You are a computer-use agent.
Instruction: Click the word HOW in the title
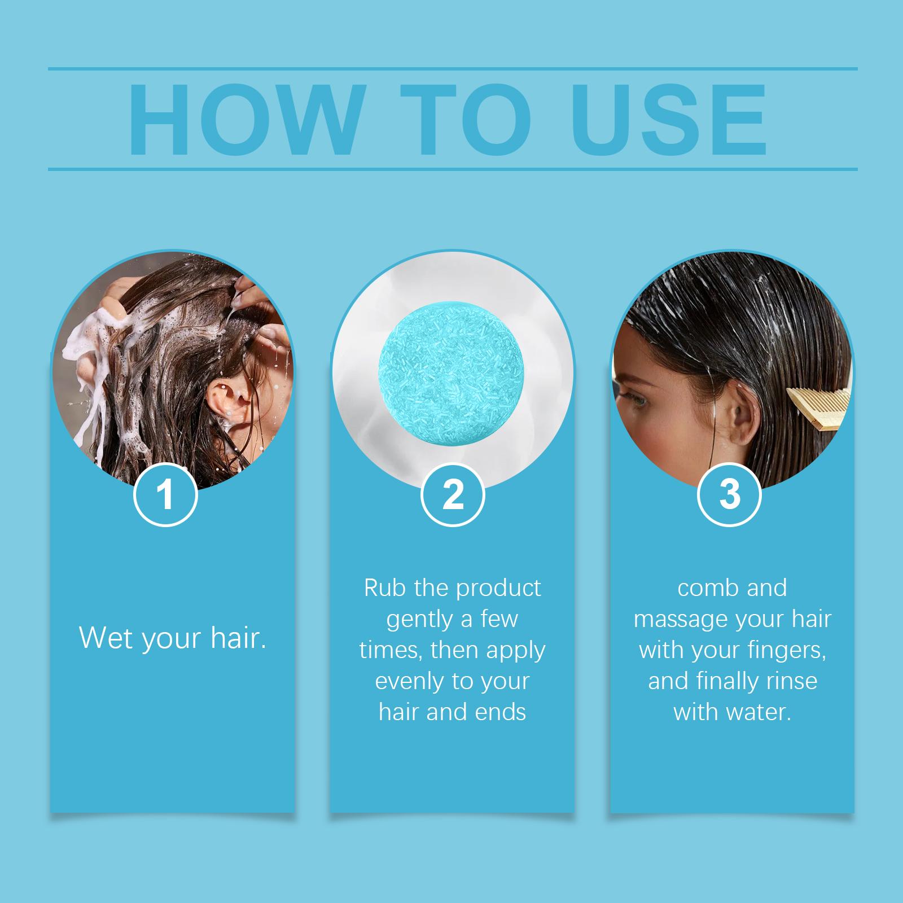(x=244, y=120)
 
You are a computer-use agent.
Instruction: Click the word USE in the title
(x=669, y=120)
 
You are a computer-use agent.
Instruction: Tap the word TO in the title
(x=466, y=120)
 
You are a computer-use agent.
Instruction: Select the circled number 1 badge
(x=165, y=494)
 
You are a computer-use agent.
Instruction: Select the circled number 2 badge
(x=453, y=494)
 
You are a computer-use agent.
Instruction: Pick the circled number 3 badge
(x=729, y=494)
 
